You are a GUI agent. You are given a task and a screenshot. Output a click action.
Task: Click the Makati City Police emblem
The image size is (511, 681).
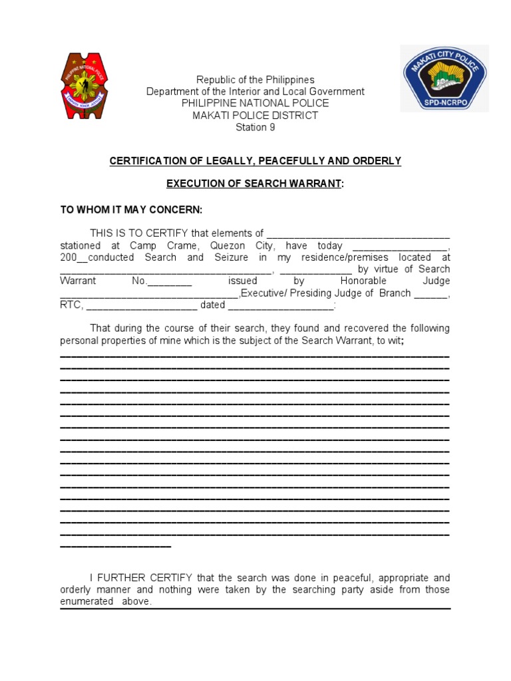444,78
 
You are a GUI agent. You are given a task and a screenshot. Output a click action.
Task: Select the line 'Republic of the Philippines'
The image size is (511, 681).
255,80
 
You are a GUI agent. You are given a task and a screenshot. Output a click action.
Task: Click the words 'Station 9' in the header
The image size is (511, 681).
255,128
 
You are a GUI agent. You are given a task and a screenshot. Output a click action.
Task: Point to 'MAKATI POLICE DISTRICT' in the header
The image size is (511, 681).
255,116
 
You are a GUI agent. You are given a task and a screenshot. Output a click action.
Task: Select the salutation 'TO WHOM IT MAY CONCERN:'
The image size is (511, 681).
131,209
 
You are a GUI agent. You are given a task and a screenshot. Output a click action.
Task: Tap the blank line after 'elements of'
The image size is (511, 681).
358,234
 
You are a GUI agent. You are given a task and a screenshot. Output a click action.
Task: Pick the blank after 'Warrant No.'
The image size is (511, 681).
169,281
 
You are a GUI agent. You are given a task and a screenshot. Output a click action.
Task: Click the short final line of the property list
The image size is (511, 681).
116,546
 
